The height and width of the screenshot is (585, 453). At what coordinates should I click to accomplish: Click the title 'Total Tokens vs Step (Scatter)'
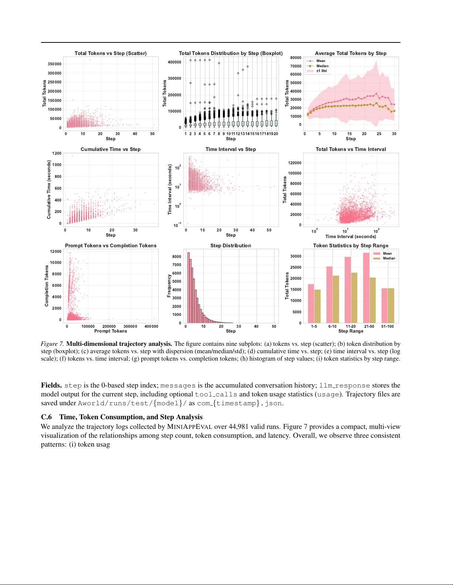click(111, 53)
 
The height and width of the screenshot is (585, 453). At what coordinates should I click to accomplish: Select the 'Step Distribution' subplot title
click(231, 245)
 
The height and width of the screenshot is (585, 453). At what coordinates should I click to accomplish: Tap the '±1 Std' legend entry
click(321, 71)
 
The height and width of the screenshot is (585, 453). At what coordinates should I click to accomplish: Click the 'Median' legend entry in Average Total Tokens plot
click(322, 66)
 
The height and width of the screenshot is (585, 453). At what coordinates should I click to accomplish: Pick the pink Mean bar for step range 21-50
click(366, 288)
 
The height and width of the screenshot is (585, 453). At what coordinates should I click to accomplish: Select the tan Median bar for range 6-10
click(336, 299)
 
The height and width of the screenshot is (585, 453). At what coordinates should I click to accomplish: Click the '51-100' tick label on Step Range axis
click(388, 326)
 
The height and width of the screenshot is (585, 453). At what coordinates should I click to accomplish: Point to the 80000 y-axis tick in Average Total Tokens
click(296, 58)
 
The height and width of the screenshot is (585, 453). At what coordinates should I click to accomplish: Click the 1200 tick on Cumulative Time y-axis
click(57, 153)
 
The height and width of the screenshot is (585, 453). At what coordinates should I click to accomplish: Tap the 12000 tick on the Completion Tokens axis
click(56, 251)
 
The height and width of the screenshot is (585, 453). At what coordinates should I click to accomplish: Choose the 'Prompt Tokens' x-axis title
click(111, 331)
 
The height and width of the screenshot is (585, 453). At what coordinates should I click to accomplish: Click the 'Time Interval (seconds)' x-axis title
click(351, 237)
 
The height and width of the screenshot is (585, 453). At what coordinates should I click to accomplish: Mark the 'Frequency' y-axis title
click(169, 286)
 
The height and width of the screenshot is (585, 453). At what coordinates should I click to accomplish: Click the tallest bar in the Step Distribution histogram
click(188, 288)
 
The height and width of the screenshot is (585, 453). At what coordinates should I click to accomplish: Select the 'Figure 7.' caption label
click(52, 344)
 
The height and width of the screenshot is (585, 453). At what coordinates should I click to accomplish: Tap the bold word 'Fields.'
click(51, 385)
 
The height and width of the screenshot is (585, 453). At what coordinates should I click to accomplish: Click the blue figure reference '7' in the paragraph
click(305, 427)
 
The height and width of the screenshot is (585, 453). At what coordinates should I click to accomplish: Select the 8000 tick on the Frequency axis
click(177, 257)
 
